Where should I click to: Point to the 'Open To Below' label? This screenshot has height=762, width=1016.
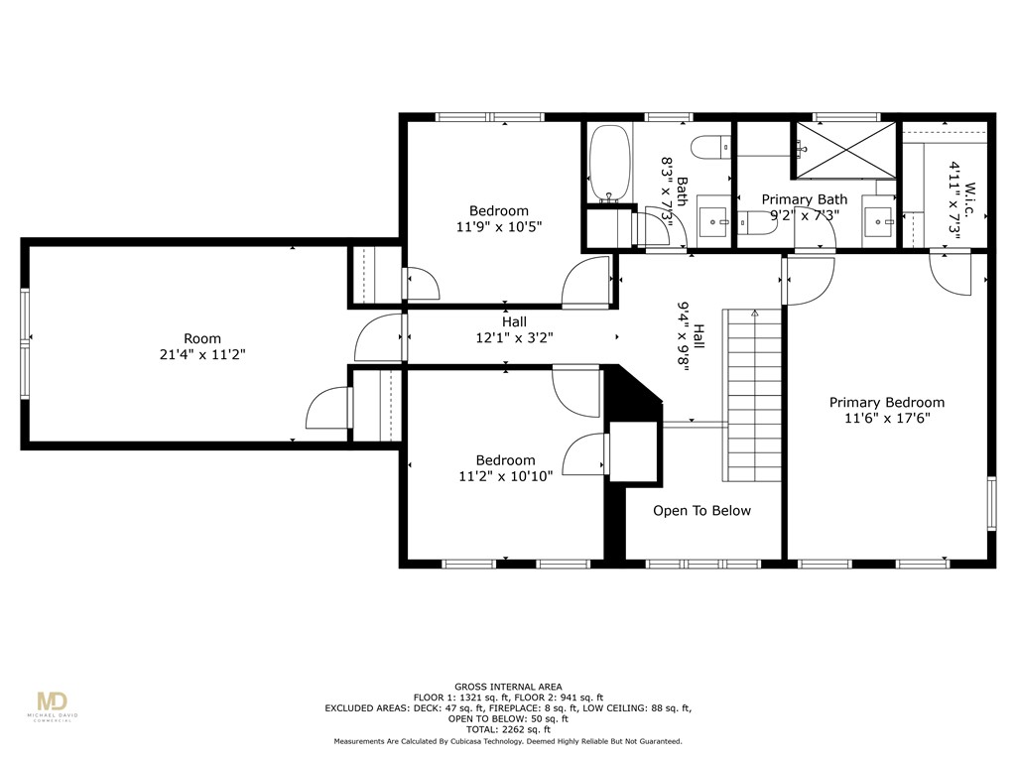tap(701, 511)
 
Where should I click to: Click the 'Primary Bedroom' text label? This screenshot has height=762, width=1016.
tap(887, 402)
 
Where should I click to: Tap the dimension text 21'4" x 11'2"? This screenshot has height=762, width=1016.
tap(202, 354)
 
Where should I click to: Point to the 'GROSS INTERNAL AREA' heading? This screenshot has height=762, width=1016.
tap(508, 687)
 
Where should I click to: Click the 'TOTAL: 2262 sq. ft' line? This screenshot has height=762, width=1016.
tap(508, 730)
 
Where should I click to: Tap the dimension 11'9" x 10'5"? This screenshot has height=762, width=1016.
tap(499, 226)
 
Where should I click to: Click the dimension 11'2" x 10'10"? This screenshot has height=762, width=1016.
tap(505, 476)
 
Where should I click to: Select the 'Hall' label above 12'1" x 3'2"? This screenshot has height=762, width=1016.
tap(514, 321)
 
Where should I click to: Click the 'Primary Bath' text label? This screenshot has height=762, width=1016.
tap(805, 199)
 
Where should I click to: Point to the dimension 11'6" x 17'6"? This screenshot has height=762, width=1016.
tap(887, 418)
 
